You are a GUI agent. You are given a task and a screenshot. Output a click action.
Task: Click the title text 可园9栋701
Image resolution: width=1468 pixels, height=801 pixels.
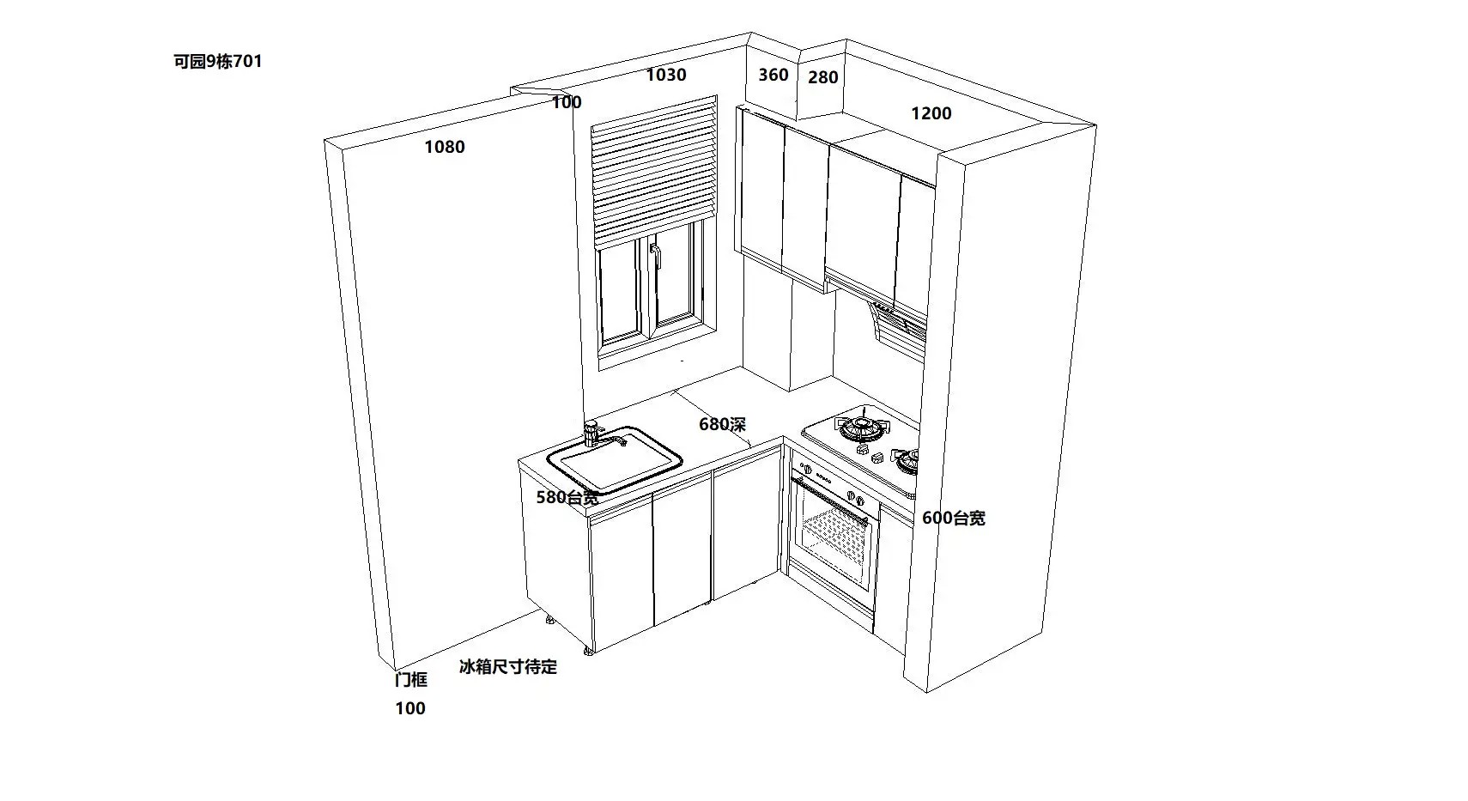pyautogui.click(x=217, y=62)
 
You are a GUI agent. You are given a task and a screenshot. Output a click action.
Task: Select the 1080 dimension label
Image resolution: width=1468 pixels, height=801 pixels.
pyautogui.click(x=445, y=148)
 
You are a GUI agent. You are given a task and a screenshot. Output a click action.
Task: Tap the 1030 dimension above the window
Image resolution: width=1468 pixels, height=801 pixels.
pyautogui.click(x=666, y=76)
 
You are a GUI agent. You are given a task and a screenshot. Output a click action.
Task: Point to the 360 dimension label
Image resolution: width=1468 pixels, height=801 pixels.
pyautogui.click(x=773, y=76)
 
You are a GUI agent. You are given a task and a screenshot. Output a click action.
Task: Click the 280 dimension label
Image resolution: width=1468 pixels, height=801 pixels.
pyautogui.click(x=822, y=78)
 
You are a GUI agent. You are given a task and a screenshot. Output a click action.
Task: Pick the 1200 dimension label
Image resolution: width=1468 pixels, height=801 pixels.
pyautogui.click(x=931, y=113)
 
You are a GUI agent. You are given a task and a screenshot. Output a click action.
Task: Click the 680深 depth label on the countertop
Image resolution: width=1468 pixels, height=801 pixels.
pyautogui.click(x=722, y=424)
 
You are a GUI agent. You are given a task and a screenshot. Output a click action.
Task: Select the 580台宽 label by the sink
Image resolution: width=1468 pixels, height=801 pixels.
pyautogui.click(x=567, y=497)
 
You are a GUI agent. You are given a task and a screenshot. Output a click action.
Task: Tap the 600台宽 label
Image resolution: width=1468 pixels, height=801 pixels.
pyautogui.click(x=953, y=518)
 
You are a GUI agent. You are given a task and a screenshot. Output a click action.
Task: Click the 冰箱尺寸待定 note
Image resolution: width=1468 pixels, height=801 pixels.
pyautogui.click(x=508, y=666)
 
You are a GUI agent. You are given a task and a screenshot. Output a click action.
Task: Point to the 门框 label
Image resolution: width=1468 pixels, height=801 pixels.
pyautogui.click(x=410, y=680)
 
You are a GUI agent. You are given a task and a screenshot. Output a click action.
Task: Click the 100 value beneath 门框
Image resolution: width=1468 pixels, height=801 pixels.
pyautogui.click(x=410, y=708)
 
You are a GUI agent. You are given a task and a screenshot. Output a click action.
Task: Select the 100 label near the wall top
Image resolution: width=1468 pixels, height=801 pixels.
pyautogui.click(x=567, y=103)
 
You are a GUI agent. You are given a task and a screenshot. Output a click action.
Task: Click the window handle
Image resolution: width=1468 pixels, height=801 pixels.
pyautogui.click(x=655, y=257)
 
